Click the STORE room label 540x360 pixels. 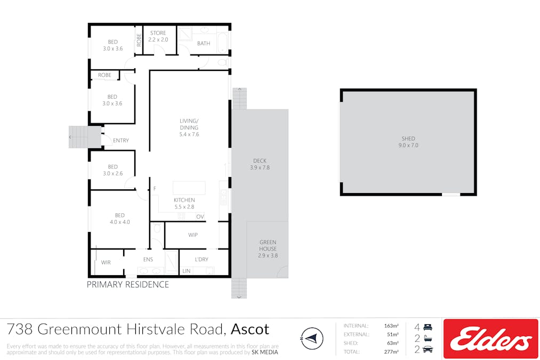[x=158, y=33]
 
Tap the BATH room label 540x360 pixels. [x=204, y=43]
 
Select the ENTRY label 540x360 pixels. [x=121, y=141]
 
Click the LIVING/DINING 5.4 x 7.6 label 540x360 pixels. [x=189, y=127]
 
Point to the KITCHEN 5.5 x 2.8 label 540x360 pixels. [x=184, y=203]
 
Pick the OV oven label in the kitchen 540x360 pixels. [x=200, y=217]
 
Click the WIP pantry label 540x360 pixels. [x=193, y=235]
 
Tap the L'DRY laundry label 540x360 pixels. [x=202, y=259]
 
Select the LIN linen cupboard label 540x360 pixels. [x=187, y=271]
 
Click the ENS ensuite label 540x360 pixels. [x=148, y=259]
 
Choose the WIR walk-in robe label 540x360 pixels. [x=106, y=262]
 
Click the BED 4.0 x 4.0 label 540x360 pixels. [x=120, y=219]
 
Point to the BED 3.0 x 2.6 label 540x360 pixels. [x=112, y=170]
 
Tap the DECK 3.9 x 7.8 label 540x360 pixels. [x=260, y=164]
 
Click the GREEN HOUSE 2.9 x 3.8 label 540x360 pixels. [x=268, y=249]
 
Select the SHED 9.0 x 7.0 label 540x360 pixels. [x=408, y=142]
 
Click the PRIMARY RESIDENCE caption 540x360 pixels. [x=128, y=285]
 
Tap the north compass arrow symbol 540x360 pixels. [x=312, y=338]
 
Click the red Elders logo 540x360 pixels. [x=491, y=339]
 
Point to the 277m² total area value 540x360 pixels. [x=392, y=351]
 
